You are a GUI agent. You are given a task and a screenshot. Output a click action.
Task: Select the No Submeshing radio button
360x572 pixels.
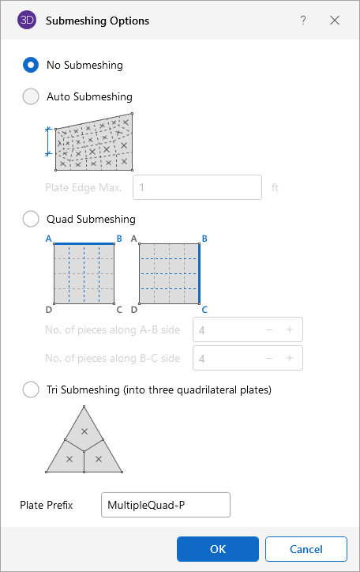point(31,65)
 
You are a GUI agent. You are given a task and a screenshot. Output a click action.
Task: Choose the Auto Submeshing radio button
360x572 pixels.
point(31,96)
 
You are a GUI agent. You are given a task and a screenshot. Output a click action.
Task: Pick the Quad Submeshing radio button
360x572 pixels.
point(31,220)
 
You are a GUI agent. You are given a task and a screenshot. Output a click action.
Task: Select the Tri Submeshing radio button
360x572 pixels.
point(31,389)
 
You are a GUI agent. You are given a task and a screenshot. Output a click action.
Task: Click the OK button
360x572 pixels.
point(218,549)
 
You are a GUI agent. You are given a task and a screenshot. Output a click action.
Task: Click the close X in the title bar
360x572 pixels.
point(335,21)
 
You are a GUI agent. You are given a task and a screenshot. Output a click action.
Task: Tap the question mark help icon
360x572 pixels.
point(303,21)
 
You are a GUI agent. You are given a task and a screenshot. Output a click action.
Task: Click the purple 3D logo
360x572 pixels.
point(27,20)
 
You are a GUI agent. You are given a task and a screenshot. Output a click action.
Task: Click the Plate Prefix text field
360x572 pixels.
point(166,505)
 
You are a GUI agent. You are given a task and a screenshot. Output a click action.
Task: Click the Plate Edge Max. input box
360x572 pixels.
point(197,187)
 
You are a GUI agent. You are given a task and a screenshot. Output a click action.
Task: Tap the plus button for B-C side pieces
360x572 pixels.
point(290,358)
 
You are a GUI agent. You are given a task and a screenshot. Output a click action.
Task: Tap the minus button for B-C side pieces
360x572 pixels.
point(269,358)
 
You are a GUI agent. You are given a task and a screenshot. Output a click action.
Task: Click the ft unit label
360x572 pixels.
point(275,187)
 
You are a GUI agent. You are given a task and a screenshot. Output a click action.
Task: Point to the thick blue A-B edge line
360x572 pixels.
point(84,243)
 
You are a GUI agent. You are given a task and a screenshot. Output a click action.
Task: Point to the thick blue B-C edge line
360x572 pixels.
point(199,273)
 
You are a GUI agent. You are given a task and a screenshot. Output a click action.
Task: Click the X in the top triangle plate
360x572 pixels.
point(84,431)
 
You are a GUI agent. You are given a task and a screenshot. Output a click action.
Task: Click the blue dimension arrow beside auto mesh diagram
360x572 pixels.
point(47,141)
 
